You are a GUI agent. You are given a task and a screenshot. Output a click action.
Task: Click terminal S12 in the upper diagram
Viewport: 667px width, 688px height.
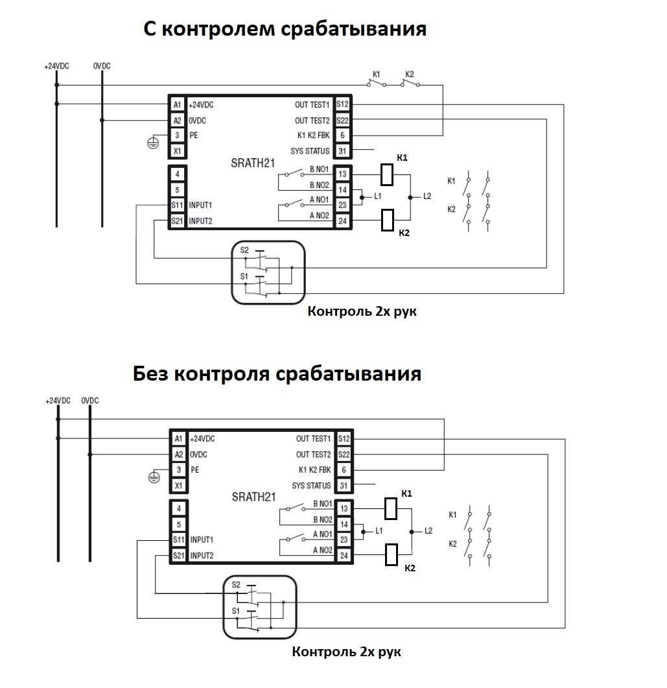(x=342, y=104)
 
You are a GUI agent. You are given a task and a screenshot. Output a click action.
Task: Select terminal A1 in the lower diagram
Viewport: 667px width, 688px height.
(x=178, y=438)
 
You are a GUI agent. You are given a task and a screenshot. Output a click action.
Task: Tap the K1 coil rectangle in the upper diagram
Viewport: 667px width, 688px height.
(x=387, y=174)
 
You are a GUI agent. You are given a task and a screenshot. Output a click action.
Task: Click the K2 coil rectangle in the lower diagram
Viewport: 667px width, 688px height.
(x=391, y=554)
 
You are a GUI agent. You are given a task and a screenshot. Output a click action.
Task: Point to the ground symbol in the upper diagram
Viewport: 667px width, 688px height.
(x=153, y=143)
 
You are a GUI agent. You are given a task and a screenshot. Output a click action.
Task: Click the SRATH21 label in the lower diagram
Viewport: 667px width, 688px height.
(x=253, y=497)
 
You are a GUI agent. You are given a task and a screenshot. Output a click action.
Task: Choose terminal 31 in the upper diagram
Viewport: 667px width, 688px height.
(x=342, y=151)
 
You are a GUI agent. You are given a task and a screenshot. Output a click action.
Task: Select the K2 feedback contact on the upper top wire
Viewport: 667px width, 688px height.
(x=410, y=82)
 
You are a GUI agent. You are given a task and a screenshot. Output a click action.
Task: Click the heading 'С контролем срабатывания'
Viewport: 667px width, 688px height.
(x=285, y=29)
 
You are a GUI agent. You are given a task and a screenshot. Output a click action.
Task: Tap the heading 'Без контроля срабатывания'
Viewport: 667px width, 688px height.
(x=277, y=374)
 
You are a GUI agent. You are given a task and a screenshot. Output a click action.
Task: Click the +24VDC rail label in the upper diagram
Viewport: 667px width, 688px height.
(x=56, y=66)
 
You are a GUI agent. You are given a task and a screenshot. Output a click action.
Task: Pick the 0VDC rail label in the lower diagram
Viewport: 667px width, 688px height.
(x=90, y=401)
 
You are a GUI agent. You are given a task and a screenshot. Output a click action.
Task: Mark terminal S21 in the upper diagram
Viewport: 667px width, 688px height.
(x=177, y=220)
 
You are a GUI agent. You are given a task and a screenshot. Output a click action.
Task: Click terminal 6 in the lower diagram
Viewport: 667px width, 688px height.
(x=344, y=469)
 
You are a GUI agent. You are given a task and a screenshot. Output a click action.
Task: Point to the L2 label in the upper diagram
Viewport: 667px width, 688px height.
(x=427, y=196)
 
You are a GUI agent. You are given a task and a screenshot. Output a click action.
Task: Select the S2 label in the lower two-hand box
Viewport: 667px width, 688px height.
(x=236, y=584)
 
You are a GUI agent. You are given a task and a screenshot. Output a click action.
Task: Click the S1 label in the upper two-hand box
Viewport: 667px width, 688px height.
(x=244, y=276)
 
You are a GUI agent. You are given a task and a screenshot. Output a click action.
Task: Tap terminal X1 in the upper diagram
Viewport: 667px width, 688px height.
(x=177, y=151)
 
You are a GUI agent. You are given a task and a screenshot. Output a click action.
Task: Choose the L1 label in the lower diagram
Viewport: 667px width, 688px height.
(x=379, y=531)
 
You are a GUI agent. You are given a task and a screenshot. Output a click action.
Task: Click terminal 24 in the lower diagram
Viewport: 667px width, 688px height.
(x=344, y=556)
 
